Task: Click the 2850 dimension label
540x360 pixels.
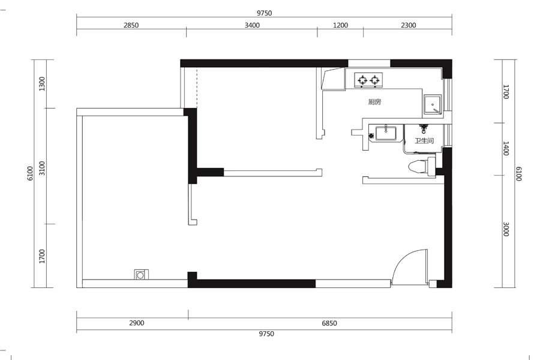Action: pos(131,25)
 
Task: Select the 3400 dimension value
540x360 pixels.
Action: pos(252,25)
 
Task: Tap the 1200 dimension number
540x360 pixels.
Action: pos(340,25)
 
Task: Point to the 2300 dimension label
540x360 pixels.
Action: pos(409,25)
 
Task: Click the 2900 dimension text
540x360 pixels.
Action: pos(137,323)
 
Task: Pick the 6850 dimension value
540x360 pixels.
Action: pos(329,323)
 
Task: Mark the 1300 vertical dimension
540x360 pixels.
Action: pos(42,84)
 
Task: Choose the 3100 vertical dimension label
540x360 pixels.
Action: pos(42,168)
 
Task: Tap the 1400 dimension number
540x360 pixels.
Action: pos(506,148)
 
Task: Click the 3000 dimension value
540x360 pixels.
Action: pos(506,229)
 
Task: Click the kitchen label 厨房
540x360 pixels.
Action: pos(374,102)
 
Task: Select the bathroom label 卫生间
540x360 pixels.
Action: pos(424,140)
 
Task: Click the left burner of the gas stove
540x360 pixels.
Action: pos(362,80)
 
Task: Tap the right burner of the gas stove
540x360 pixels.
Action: pos(374,80)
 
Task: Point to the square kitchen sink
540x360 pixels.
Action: pos(432,104)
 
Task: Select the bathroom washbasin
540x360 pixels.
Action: pos(386,133)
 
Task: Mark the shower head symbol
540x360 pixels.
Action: pos(424,129)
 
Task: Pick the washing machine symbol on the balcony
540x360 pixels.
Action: pos(141,275)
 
